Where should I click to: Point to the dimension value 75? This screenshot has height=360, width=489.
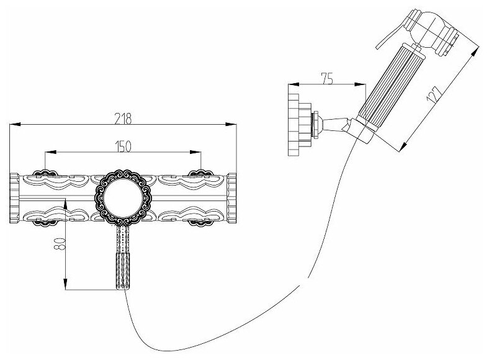(x=328, y=79)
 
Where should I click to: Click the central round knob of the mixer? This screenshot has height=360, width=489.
(x=122, y=197)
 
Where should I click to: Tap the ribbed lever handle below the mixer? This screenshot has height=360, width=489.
(x=122, y=271)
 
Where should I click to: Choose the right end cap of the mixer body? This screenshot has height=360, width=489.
(x=232, y=197)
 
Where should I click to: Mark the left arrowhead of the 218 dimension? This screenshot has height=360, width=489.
(x=13, y=125)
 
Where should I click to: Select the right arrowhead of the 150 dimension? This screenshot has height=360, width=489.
(x=199, y=151)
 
